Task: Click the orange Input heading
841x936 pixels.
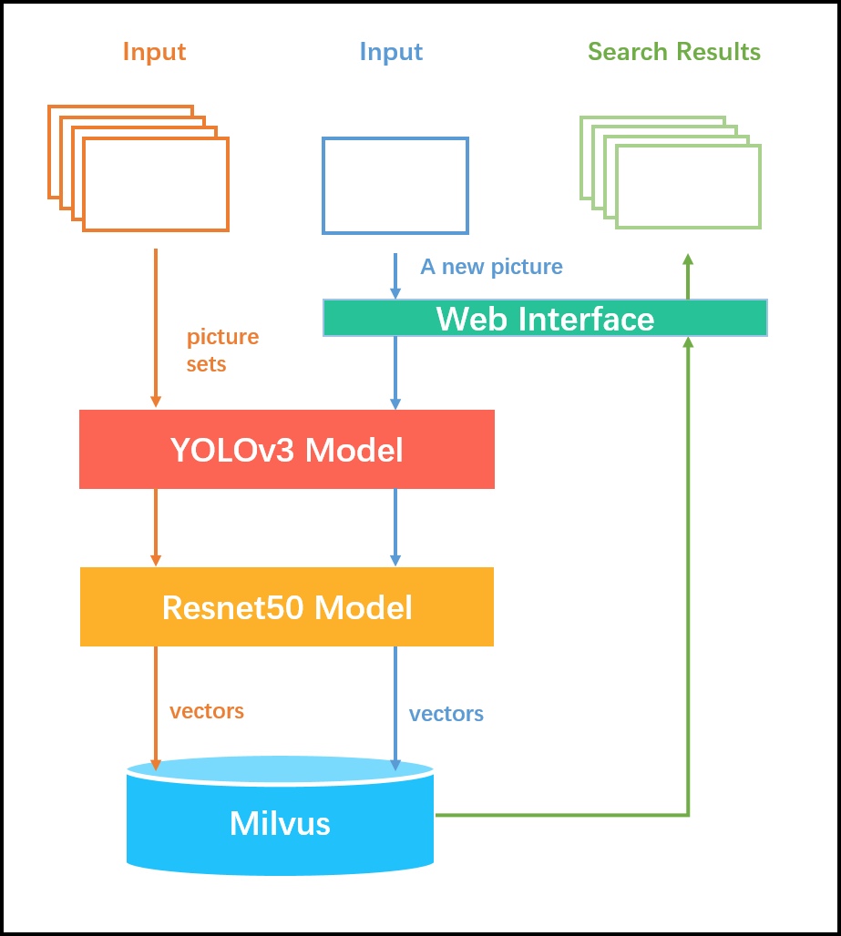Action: [154, 52]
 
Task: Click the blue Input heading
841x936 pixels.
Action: [391, 52]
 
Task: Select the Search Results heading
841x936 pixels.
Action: [673, 52]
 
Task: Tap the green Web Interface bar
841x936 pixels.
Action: [545, 319]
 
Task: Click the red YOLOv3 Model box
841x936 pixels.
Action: [286, 450]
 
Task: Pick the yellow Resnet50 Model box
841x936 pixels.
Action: [286, 607]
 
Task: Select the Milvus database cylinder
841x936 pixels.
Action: [280, 823]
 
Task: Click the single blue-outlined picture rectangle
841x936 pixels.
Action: [395, 186]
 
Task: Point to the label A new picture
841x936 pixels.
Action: [491, 267]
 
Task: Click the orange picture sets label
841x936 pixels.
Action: [222, 351]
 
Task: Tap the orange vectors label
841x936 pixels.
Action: [207, 711]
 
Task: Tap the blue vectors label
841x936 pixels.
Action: [446, 714]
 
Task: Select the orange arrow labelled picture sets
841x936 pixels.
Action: [156, 328]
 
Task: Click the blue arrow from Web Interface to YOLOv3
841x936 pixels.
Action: [395, 373]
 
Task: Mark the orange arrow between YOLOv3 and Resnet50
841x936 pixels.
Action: [156, 528]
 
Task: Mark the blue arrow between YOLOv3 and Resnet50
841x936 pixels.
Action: [395, 528]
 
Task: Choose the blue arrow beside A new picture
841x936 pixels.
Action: [395, 276]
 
